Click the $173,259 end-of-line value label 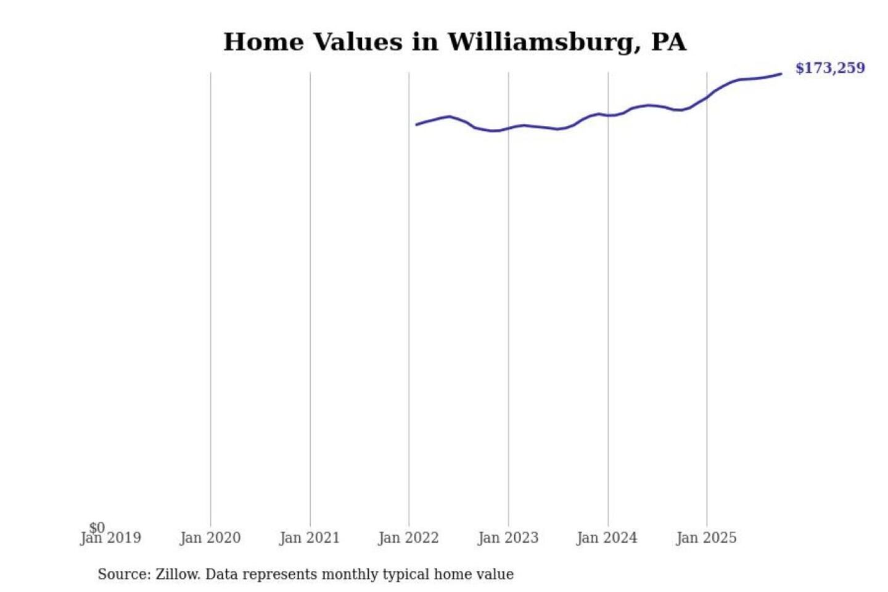tap(829, 68)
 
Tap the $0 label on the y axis tap(97, 527)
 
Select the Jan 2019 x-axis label tap(111, 538)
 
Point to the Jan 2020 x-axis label tap(210, 538)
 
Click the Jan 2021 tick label tap(310, 538)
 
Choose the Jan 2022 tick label tap(408, 538)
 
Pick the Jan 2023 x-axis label tap(508, 538)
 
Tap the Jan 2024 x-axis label tap(607, 538)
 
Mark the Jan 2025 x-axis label tap(706, 538)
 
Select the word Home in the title tap(263, 43)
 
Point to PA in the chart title tap(668, 43)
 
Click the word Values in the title tap(358, 43)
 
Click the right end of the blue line tap(781, 74)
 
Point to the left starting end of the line tap(417, 125)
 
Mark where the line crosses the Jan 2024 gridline tap(608, 115)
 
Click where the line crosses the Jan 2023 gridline tap(509, 128)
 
